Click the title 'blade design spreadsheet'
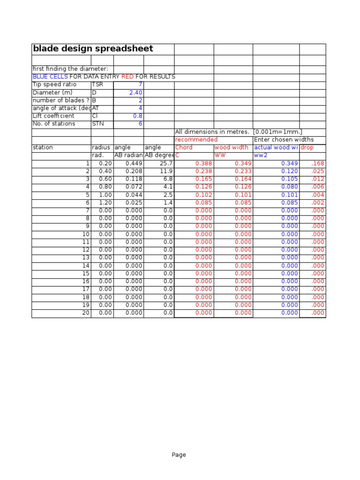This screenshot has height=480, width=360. point(93,49)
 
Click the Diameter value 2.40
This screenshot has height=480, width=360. point(135,92)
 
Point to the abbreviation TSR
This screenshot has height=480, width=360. point(97,84)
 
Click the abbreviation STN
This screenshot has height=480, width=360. point(97,124)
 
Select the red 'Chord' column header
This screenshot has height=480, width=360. point(184,147)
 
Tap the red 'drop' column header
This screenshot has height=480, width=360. point(307,147)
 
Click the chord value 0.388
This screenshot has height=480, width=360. point(204,164)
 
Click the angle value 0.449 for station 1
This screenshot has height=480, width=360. point(134,164)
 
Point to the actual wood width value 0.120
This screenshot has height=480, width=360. point(289,171)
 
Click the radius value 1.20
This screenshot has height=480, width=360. point(105,202)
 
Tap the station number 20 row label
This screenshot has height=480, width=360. point(86,313)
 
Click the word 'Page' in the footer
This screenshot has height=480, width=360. point(179,454)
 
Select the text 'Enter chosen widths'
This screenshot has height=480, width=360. point(284,140)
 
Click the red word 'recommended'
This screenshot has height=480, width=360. point(196,140)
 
